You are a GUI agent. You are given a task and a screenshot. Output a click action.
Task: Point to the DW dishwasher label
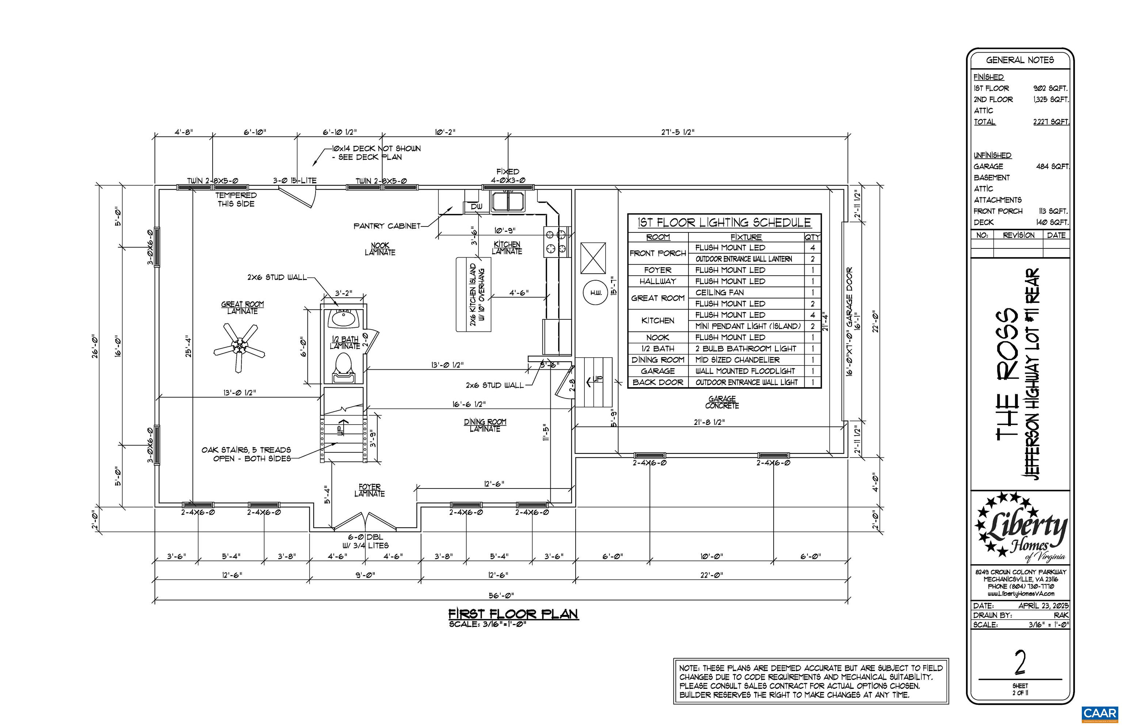click(476, 206)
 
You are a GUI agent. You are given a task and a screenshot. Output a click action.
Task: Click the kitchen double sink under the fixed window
click(508, 201)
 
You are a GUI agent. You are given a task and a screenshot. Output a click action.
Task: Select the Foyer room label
click(370, 490)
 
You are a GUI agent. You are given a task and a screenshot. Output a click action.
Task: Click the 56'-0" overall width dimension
click(501, 596)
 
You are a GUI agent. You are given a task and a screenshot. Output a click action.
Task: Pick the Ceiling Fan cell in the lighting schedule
click(719, 292)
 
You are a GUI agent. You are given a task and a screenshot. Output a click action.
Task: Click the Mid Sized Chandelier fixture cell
click(737, 360)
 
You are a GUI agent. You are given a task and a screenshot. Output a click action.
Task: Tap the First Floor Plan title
click(513, 614)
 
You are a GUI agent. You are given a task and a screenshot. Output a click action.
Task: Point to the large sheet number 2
click(1020, 663)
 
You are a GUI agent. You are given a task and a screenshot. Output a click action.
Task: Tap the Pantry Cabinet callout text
click(387, 226)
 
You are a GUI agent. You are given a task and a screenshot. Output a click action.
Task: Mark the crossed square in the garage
click(593, 258)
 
